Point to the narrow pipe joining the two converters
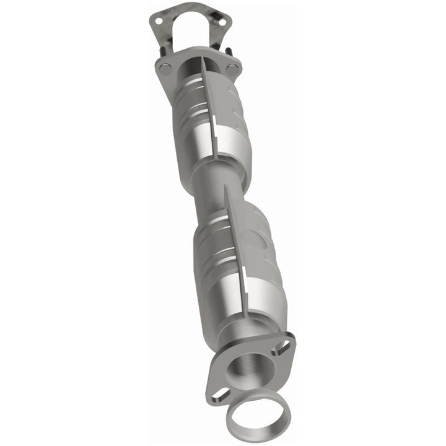click(211, 192)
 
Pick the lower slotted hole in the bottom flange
click(218, 393)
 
